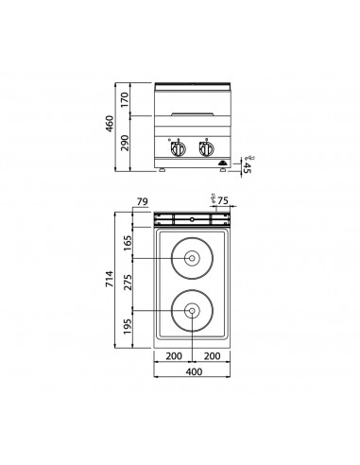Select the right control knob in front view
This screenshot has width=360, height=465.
click(208, 147)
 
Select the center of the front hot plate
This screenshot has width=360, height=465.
click(192, 311)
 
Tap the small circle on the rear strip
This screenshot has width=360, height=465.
click(192, 219)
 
